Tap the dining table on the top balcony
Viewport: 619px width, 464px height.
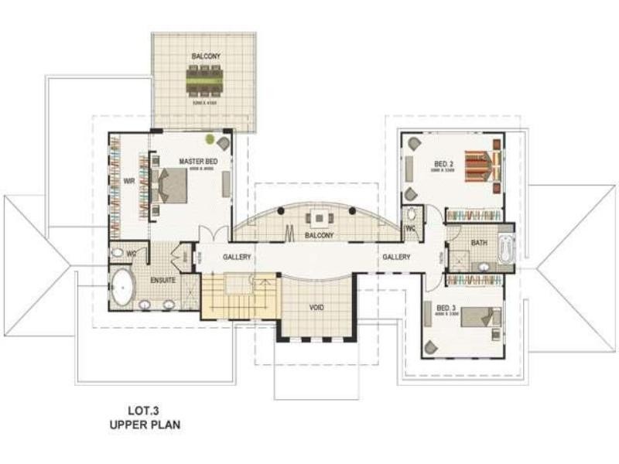click(205, 78)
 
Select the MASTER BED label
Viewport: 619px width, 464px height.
click(198, 161)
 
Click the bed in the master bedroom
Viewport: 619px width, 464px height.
click(172, 186)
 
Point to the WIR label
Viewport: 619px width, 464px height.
click(129, 183)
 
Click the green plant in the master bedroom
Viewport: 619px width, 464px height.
click(210, 140)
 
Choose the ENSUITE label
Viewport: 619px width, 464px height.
click(162, 279)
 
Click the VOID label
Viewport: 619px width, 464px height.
click(316, 307)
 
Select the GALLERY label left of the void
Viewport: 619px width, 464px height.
click(238, 256)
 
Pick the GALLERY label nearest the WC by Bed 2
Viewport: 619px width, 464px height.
click(396, 256)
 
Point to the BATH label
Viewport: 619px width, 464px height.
click(479, 243)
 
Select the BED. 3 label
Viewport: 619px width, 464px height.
click(444, 307)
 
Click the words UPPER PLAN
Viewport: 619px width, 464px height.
click(144, 425)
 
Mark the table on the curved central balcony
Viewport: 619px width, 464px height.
click(318, 217)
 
